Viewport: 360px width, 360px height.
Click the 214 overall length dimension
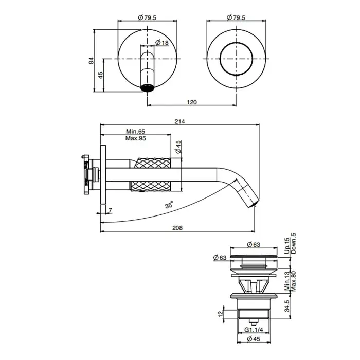coord(179,121)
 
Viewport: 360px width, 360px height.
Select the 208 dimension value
coord(177,228)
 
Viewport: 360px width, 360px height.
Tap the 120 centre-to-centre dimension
coord(192,102)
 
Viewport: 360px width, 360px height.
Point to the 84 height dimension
coord(92,60)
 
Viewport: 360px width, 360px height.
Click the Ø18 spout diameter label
coord(162,43)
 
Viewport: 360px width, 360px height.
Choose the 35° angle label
coord(169,204)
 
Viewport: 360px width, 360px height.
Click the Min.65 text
coord(135,131)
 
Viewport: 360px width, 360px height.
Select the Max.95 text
coord(135,138)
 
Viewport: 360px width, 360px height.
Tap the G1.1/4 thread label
coord(254,330)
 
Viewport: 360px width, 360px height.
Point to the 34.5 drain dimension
coord(287,306)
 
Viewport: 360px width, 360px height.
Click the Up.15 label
coord(287,246)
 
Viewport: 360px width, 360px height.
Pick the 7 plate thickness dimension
coord(110,210)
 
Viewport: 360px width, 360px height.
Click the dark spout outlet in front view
coord(148,88)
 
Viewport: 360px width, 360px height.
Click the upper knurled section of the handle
coord(153,163)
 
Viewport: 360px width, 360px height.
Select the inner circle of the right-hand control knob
coord(236,59)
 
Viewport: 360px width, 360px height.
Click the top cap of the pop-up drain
coord(254,256)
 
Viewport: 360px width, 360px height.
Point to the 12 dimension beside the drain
coord(221,314)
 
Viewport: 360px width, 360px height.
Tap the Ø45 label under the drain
coord(254,339)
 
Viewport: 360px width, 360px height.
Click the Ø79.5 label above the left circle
coord(147,17)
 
